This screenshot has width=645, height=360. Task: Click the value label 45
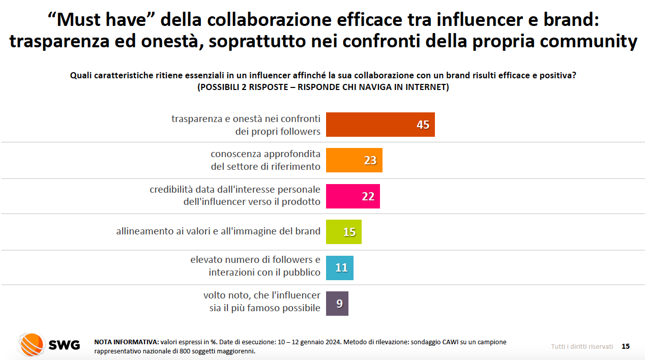coord(423,125)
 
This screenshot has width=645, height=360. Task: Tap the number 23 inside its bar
coord(370,160)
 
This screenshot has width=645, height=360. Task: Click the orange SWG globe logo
coord(31,345)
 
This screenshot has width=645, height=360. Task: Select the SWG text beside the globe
coord(64,345)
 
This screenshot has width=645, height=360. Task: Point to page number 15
coord(626,346)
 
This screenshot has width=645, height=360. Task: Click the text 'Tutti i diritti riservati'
coord(582,346)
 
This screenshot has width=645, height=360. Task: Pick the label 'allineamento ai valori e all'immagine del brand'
coord(218,231)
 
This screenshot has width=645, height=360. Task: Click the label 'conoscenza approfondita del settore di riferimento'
coord(266,160)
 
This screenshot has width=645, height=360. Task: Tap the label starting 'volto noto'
coord(262,301)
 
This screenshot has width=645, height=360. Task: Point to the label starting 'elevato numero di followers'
coord(255,266)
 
